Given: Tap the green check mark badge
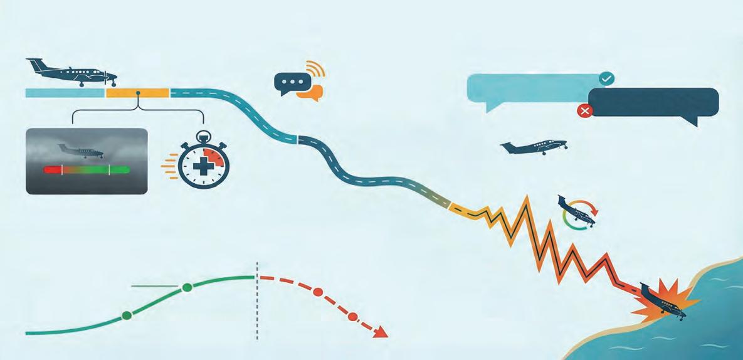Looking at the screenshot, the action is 606,78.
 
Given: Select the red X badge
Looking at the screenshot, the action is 585,111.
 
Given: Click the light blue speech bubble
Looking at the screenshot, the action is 533,88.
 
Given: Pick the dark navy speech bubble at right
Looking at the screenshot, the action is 653,102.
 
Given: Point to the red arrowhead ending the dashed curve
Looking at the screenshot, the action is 379,332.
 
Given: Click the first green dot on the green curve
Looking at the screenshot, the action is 127,315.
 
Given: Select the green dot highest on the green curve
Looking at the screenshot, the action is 187,287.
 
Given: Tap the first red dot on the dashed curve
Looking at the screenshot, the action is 318,292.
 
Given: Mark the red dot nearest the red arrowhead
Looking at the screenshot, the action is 352,317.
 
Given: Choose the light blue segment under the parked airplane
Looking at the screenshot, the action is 65,93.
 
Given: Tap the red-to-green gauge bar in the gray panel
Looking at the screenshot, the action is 87,169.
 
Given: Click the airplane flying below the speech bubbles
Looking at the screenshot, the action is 533,147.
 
